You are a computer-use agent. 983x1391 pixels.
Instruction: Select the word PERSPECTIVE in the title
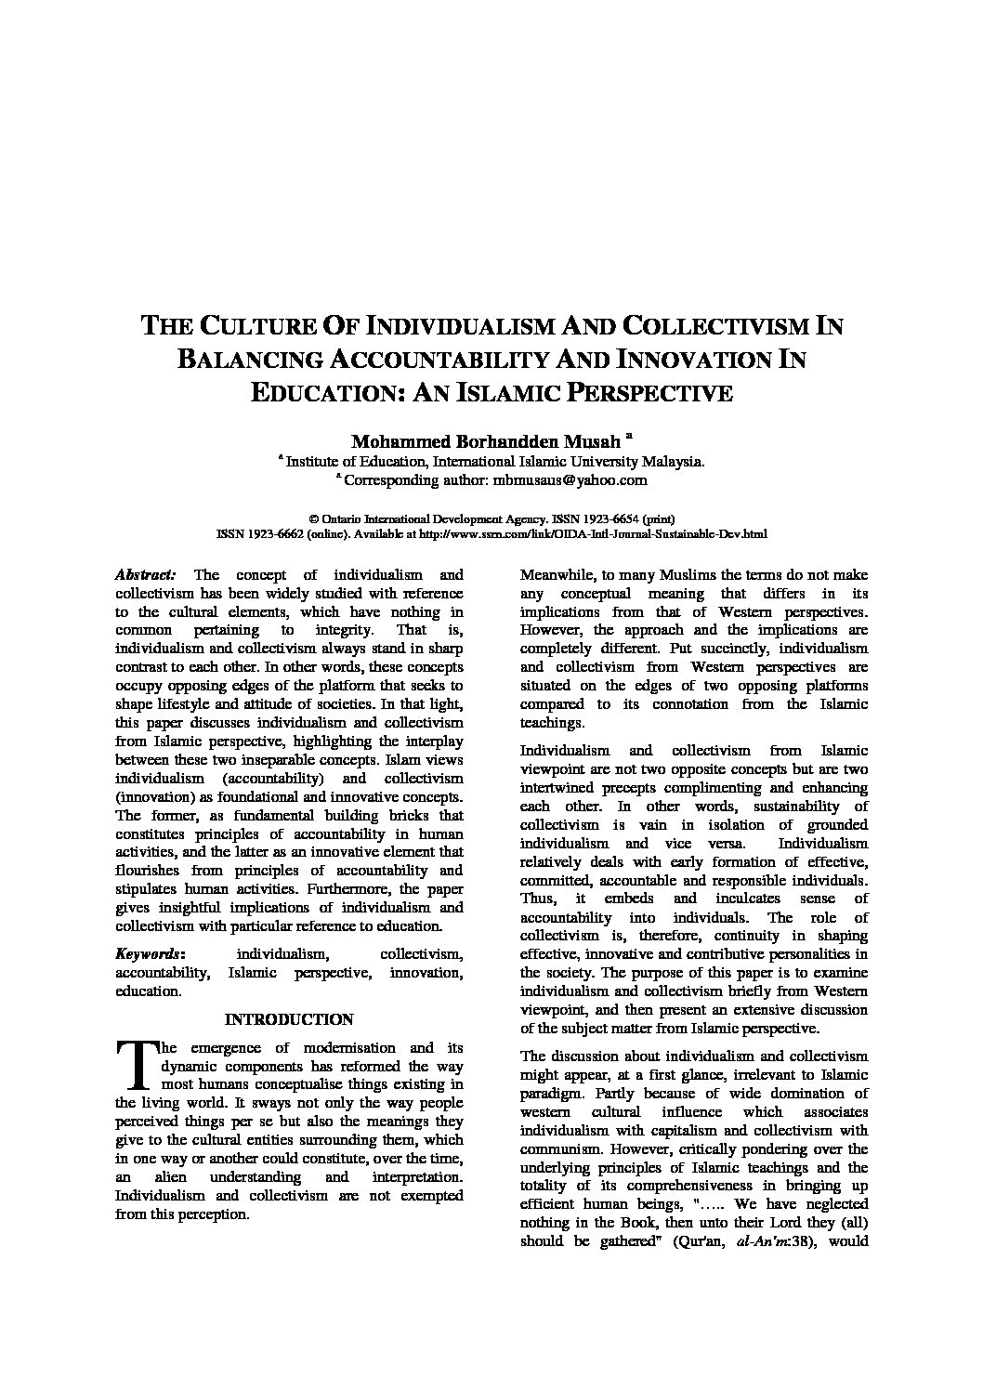point(641,392)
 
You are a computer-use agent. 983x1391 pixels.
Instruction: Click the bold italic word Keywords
point(149,953)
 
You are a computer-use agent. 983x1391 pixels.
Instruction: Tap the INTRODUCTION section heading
point(289,1019)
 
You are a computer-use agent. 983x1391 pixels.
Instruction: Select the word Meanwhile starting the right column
point(557,575)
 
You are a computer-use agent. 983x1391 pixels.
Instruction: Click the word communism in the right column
point(561,1148)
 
